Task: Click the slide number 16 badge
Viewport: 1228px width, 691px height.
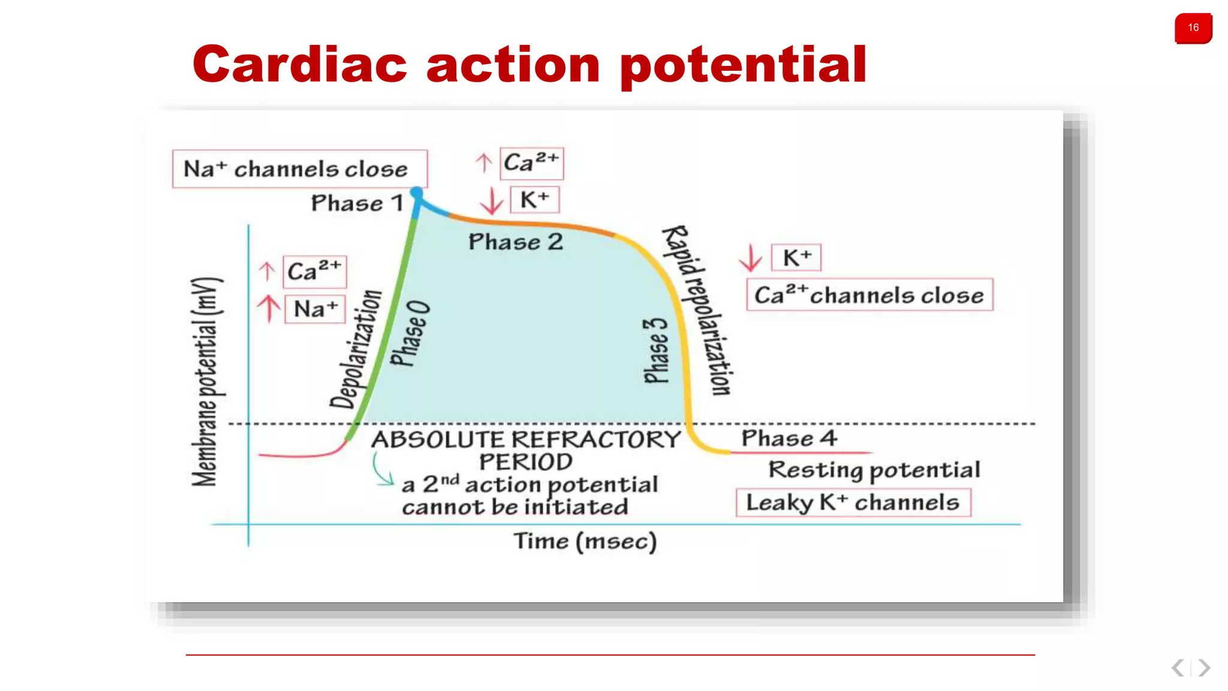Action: (1193, 28)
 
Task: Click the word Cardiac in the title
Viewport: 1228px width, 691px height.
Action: (300, 65)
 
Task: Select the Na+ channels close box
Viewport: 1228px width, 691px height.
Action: (299, 169)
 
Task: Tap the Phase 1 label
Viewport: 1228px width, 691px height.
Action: (357, 203)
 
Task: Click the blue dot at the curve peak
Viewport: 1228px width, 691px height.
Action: (416, 193)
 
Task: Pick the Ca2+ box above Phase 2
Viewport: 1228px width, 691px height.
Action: (531, 163)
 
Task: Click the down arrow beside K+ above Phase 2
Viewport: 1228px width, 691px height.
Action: (492, 201)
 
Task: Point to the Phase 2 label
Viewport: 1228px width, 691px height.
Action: (516, 242)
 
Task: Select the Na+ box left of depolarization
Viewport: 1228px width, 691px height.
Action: (315, 309)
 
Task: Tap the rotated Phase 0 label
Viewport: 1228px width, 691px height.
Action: (410, 334)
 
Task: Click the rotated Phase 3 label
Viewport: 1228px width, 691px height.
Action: (655, 351)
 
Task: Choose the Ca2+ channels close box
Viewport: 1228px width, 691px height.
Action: (869, 295)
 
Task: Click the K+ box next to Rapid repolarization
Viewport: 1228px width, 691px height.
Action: (796, 258)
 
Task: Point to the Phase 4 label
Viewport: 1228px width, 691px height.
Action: (788, 438)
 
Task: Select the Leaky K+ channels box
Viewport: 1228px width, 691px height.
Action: (853, 502)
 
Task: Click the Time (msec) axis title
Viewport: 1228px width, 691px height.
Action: (585, 541)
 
